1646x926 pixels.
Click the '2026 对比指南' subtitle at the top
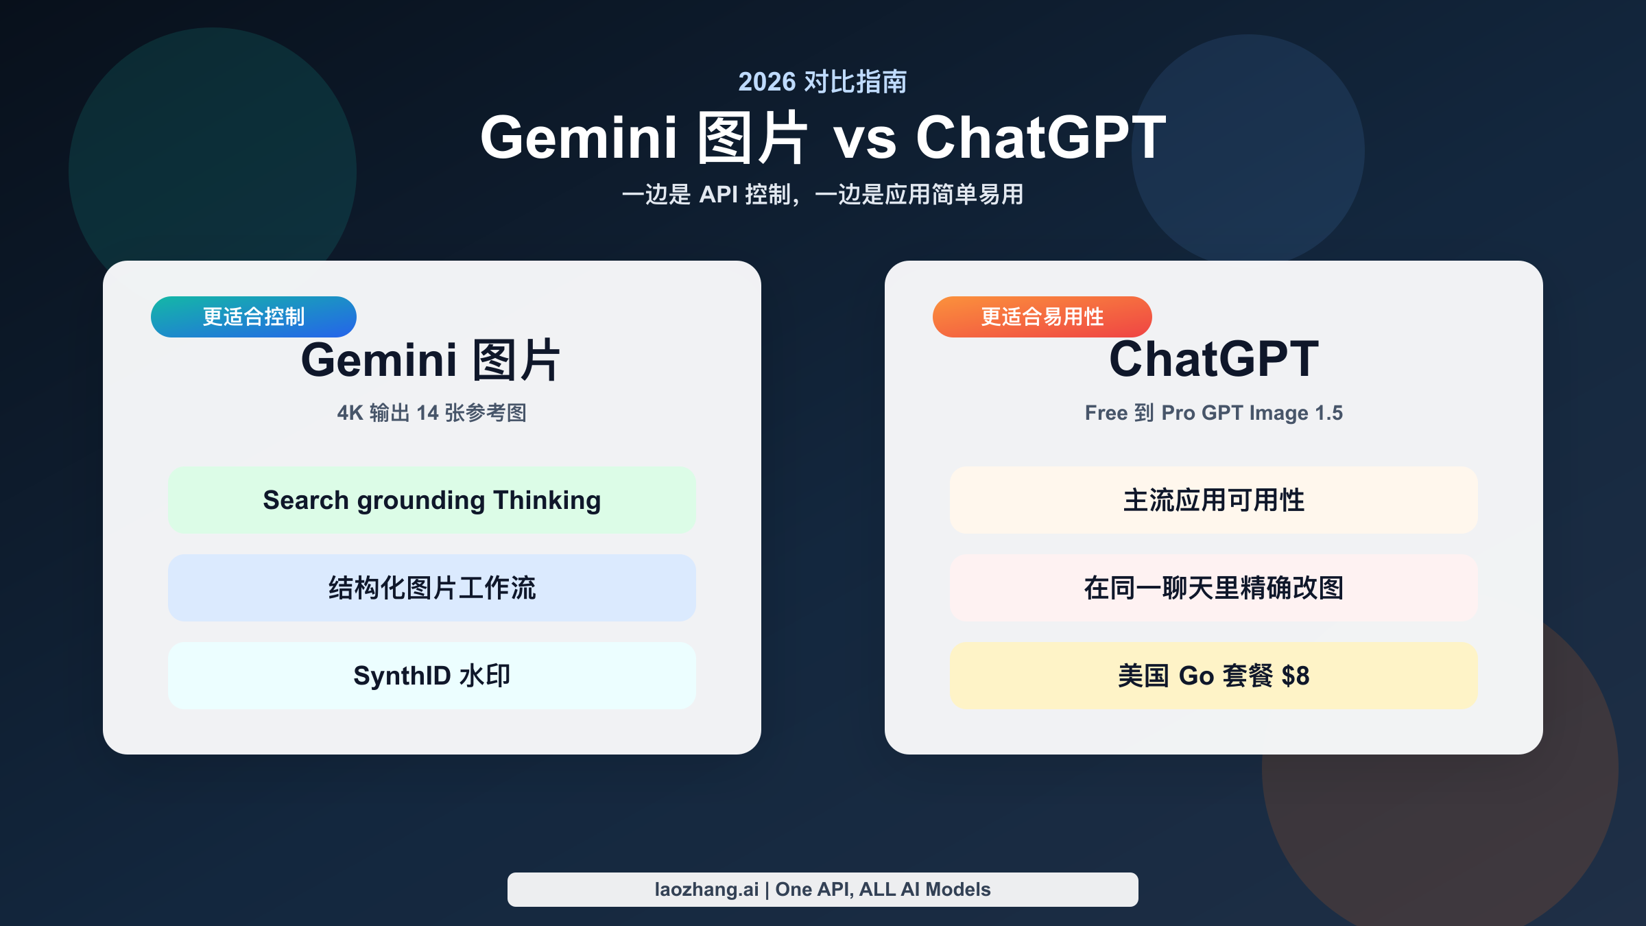click(822, 82)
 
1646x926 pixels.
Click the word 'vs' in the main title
click(864, 139)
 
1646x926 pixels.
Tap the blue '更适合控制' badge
click(254, 317)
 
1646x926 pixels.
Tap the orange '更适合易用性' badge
click(1042, 317)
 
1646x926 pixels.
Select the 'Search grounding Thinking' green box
click(432, 500)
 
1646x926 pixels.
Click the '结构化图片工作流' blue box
click(432, 588)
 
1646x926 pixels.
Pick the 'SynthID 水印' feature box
click(432, 676)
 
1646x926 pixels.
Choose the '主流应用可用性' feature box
click(1213, 500)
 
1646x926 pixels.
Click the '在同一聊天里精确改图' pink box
click(1213, 588)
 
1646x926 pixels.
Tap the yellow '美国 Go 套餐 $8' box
click(1213, 676)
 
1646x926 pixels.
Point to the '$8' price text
click(1295, 676)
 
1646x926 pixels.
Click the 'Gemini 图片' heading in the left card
click(431, 360)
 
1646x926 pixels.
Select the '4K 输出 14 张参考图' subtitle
click(431, 413)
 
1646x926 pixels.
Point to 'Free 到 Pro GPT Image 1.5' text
click(1213, 413)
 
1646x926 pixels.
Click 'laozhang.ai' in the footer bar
click(706, 890)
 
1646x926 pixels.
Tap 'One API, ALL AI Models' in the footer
click(883, 890)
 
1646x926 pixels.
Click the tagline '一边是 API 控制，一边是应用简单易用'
click(822, 195)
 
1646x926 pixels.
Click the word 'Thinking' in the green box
click(547, 501)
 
